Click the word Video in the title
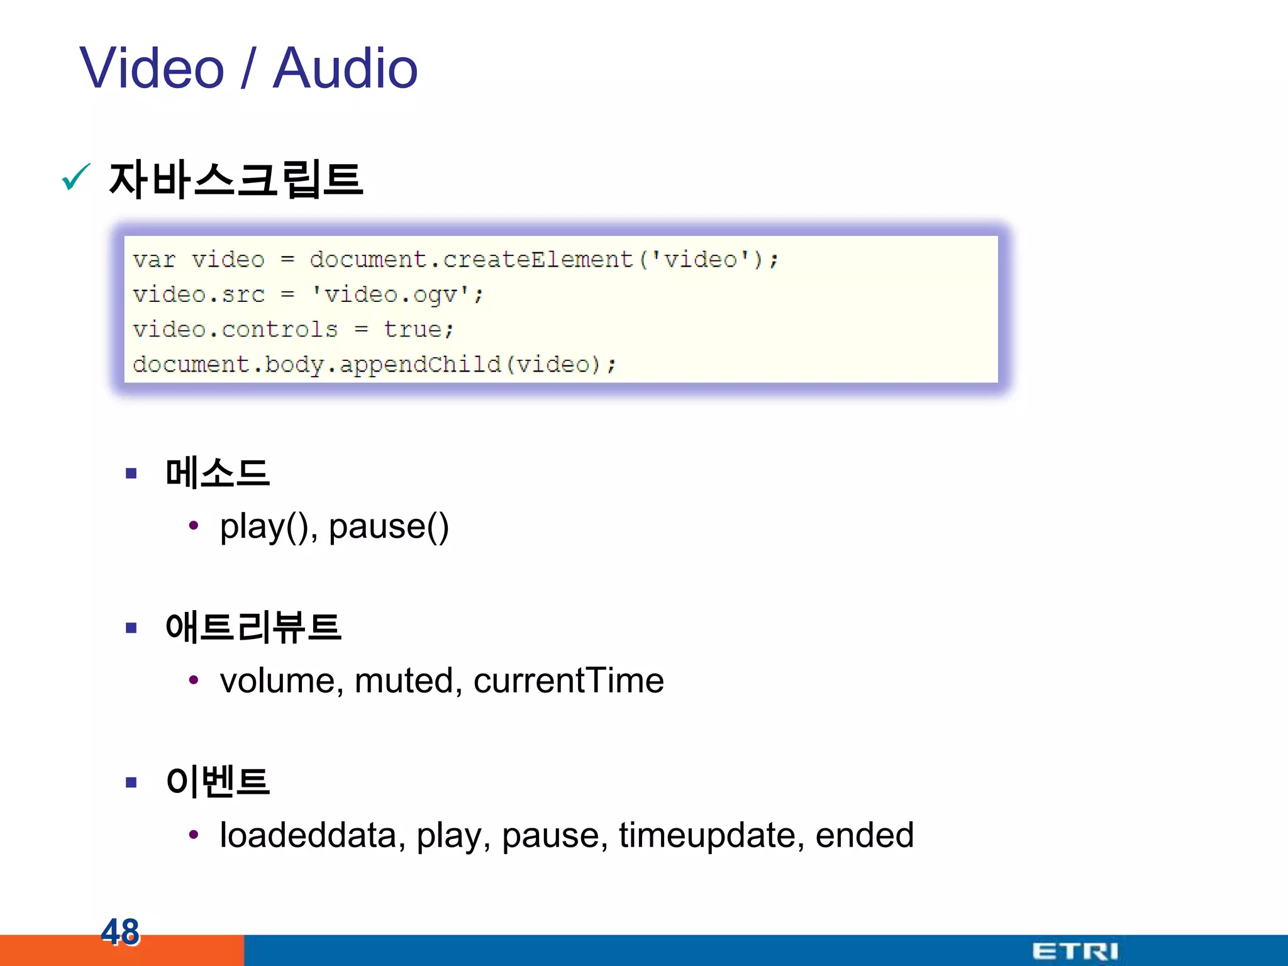point(152,69)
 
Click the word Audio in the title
point(345,69)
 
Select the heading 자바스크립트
point(236,180)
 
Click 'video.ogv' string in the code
point(397,294)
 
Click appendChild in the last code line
point(420,364)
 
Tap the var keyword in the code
point(154,260)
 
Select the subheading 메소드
point(218,473)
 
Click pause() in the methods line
point(389,526)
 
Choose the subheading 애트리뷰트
point(253,627)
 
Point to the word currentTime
point(569,680)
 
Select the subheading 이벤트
point(218,782)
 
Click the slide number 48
point(120,931)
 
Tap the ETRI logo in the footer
point(1075,951)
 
